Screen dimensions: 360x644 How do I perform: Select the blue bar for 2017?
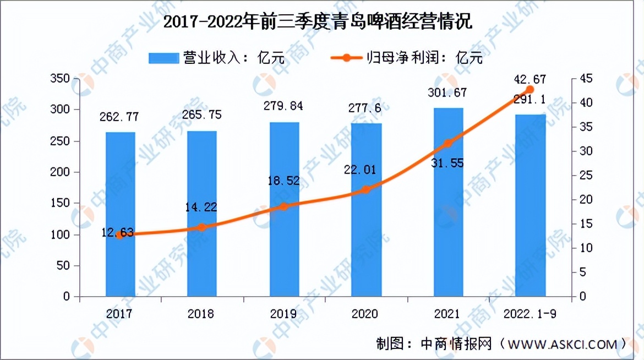point(121,214)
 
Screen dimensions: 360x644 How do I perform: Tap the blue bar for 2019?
point(284,209)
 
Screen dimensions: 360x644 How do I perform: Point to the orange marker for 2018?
point(202,227)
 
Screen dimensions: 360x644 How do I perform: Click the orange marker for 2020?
point(366,190)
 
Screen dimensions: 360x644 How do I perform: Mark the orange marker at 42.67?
point(530,90)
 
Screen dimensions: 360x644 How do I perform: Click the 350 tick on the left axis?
point(60,79)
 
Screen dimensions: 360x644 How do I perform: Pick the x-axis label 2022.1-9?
point(530,314)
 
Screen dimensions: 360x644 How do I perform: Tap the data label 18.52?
point(284,181)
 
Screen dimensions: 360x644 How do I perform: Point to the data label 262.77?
point(119,117)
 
